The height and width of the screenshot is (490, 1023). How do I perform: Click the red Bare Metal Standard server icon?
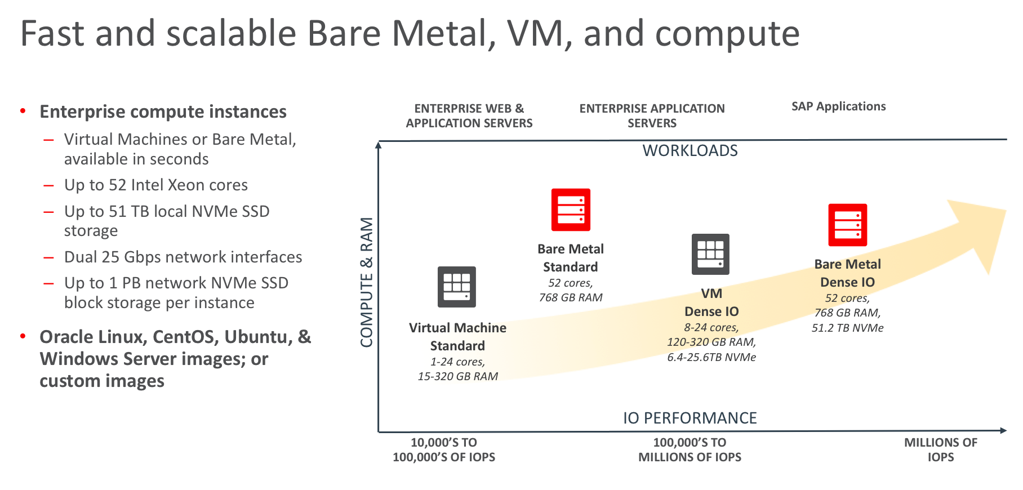click(571, 210)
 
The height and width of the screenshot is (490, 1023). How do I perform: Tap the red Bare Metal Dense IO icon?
click(847, 225)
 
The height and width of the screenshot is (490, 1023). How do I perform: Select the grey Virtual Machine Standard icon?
click(457, 287)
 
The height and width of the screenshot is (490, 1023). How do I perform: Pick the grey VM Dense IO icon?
click(710, 254)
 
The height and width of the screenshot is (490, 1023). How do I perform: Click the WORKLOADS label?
click(690, 151)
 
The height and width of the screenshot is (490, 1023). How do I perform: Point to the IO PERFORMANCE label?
click(690, 418)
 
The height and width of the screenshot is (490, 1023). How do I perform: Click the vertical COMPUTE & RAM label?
click(367, 282)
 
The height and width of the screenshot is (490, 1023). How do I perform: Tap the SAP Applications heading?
click(838, 106)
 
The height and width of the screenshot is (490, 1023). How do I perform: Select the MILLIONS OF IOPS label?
click(940, 449)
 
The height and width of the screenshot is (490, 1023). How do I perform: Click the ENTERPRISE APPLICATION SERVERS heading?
click(652, 115)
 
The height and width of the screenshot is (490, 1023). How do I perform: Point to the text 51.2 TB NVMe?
click(847, 328)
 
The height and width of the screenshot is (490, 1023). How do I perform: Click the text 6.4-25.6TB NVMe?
click(711, 357)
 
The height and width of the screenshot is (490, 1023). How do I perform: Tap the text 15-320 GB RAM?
click(457, 376)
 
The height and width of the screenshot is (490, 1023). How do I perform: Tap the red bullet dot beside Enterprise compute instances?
click(23, 111)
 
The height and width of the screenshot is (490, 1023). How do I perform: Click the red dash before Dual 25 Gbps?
click(49, 257)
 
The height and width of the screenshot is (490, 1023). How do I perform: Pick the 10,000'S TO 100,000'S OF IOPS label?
click(444, 449)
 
